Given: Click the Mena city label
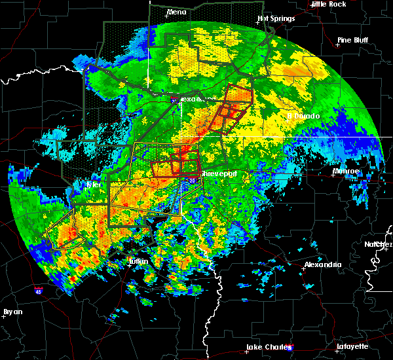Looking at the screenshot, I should click(x=176, y=12).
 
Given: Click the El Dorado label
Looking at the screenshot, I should click(x=304, y=117).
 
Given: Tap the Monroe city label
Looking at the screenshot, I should click(x=346, y=171).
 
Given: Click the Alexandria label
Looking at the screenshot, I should click(x=323, y=264).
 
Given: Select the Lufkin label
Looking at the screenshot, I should click(x=137, y=262).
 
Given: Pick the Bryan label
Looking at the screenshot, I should click(x=12, y=312).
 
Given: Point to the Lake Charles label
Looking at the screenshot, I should click(x=267, y=347).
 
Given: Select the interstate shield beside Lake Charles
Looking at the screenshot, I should click(x=290, y=348).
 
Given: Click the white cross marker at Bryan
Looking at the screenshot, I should click(x=3, y=315).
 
